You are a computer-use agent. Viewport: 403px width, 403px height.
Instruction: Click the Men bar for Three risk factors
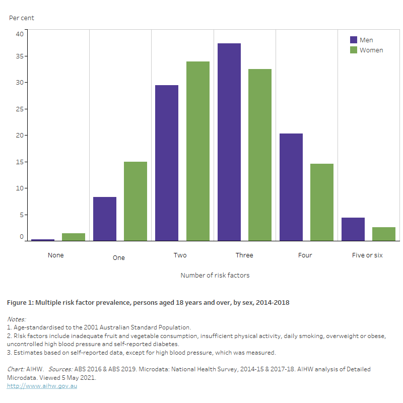229,142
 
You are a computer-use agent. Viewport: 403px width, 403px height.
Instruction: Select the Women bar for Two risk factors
197,151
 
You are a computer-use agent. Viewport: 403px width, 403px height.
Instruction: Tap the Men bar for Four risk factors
291,187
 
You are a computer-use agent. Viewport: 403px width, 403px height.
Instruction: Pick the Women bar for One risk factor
136,201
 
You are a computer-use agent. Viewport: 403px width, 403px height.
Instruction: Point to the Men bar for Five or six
353,229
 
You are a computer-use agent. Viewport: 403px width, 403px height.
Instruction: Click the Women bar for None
74,237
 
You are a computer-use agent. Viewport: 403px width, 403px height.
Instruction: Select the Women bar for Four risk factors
321,202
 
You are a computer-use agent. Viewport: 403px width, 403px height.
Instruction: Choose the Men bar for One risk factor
105,219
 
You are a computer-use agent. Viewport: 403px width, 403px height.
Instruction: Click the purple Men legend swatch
354,40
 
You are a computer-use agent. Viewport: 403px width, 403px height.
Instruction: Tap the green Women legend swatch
354,50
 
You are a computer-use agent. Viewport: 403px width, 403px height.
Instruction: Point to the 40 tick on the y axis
20,34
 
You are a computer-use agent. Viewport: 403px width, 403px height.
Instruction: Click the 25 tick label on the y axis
20,109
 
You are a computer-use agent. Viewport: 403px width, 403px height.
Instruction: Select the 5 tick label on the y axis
21,215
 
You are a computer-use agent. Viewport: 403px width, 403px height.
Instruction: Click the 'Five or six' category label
367,255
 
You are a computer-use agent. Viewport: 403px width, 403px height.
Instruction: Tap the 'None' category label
56,255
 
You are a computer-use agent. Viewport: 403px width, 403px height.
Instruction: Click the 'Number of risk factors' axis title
215,276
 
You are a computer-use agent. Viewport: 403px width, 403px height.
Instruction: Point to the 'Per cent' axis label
22,18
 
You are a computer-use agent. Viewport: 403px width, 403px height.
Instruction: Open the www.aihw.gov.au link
42,386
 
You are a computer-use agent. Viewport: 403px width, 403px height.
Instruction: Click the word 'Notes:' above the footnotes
17,319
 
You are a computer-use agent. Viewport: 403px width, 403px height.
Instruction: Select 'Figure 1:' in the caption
20,303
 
